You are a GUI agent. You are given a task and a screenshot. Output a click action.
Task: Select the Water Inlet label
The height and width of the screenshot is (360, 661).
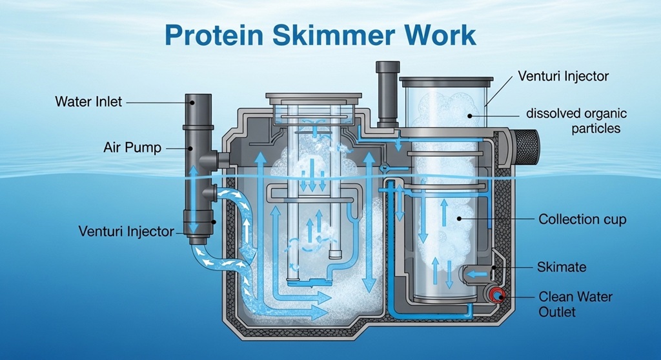pos(88,102)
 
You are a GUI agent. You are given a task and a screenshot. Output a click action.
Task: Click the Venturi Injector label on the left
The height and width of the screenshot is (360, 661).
pos(126,231)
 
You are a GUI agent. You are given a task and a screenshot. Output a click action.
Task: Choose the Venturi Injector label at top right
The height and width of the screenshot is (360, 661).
pos(563,76)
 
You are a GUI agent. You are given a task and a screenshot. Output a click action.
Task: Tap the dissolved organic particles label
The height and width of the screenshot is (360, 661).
pos(576,121)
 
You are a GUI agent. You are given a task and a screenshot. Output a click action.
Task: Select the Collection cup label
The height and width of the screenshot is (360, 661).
pos(582,219)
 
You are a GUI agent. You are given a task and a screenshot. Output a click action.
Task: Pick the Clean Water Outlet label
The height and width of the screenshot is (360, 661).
pos(575,305)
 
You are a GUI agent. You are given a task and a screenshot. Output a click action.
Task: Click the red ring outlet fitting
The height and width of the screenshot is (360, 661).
pos(496,296)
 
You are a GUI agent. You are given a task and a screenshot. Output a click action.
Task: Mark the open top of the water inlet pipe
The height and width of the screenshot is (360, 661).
pos(199,99)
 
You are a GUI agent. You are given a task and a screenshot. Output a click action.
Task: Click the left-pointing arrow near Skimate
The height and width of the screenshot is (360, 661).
pos(476,274)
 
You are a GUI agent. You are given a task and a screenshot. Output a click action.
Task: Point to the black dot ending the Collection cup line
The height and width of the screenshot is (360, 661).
pos(459,219)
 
